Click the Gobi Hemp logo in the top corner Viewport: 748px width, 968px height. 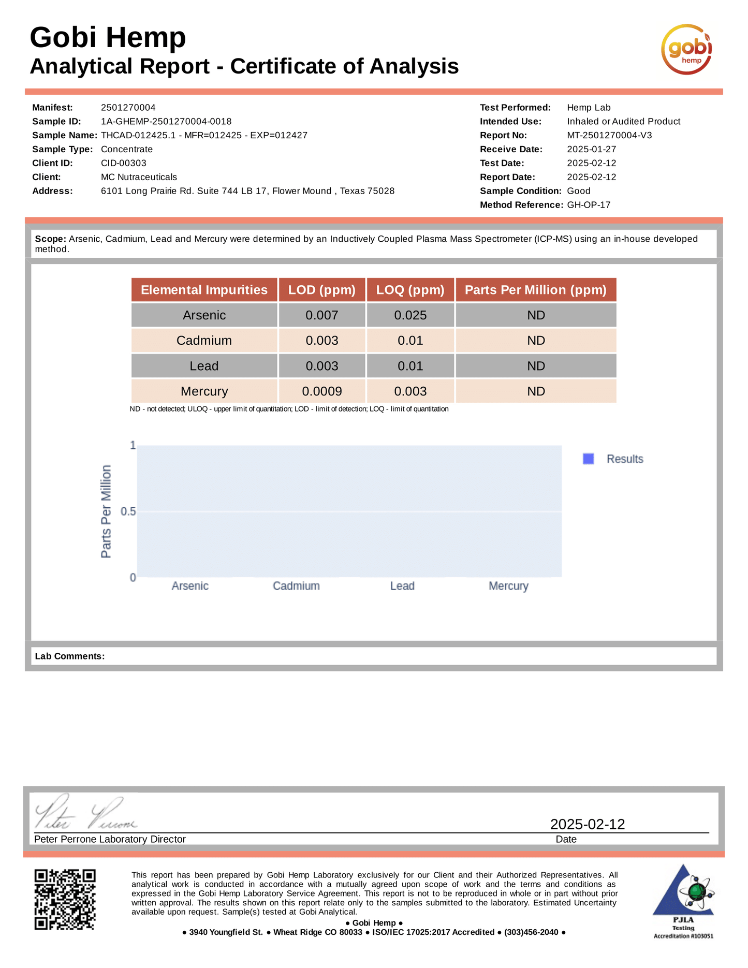pos(686,50)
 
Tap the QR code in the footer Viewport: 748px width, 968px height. pos(65,899)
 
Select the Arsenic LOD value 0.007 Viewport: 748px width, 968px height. pos(322,315)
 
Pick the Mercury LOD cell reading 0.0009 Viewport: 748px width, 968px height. pos(322,391)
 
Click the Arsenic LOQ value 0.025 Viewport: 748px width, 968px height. pos(410,315)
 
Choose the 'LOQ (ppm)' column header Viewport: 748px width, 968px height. pos(410,290)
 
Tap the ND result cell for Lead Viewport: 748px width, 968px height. pos(536,366)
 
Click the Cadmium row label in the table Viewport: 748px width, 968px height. pos(204,341)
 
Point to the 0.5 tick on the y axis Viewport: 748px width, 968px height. pos(128,511)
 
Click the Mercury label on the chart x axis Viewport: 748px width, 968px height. pos(508,586)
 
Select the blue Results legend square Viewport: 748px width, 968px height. pos(588,459)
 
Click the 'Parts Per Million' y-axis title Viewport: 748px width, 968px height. pos(106,511)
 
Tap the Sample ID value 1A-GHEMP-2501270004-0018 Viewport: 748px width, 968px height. pos(166,122)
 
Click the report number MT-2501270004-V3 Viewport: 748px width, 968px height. pos(609,136)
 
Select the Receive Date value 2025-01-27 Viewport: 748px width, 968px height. pos(592,150)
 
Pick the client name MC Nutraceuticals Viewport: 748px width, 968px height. pos(139,178)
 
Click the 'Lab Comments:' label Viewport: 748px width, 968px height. pos(70,656)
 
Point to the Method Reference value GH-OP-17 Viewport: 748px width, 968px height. pos(589,205)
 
